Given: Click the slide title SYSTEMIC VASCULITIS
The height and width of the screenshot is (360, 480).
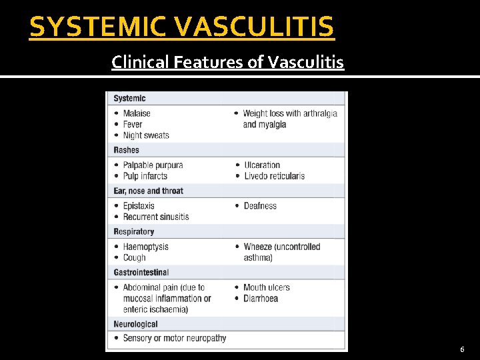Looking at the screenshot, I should [x=182, y=27].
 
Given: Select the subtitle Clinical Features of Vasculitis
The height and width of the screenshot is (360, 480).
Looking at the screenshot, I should [x=227, y=63].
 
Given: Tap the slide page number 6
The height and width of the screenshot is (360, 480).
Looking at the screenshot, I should [x=463, y=349].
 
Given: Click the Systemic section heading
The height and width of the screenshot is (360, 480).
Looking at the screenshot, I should [x=129, y=99].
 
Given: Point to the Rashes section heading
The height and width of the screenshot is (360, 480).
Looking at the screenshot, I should [x=127, y=150].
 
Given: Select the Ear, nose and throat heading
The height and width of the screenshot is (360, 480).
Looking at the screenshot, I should [x=148, y=191].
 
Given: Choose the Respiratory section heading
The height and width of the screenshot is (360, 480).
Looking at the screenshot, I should [x=133, y=231].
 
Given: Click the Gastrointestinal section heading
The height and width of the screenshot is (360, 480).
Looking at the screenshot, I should [x=141, y=272].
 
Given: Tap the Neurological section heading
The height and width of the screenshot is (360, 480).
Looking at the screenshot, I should [x=135, y=324].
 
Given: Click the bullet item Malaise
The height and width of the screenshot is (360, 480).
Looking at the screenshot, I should [x=137, y=113].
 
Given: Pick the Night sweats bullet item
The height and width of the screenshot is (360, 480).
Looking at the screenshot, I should [x=146, y=135].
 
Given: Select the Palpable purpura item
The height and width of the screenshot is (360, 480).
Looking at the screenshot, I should [x=153, y=165].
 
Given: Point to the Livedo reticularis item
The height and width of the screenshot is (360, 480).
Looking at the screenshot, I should [x=274, y=176].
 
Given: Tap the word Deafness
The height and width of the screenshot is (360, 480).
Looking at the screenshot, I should [x=260, y=206].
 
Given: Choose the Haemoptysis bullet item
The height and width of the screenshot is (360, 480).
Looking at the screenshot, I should [x=145, y=247].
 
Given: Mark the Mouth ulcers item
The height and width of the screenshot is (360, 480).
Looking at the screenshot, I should [x=267, y=287].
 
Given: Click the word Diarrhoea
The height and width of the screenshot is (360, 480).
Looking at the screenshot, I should [x=261, y=299].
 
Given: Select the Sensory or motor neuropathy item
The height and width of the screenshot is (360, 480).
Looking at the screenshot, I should [x=175, y=338].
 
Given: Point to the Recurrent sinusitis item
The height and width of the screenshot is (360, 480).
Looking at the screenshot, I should [x=156, y=217].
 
